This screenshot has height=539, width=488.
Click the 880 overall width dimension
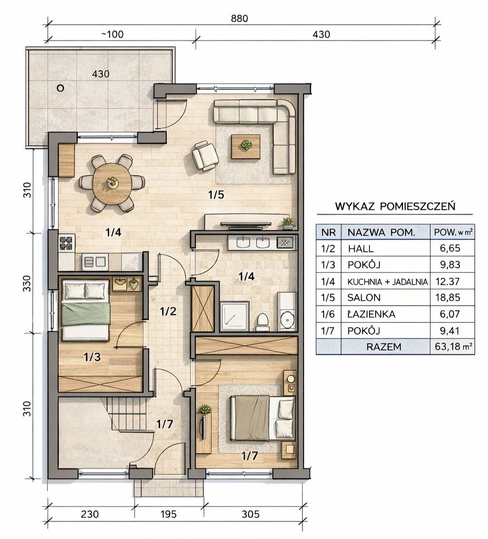[x=239, y=18]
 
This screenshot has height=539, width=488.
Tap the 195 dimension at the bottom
[x=168, y=514]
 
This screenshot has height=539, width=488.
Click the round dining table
[x=112, y=183]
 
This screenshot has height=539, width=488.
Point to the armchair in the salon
[x=205, y=156]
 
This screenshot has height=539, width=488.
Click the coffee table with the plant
[x=245, y=146]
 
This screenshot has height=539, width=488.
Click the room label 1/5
[x=216, y=195]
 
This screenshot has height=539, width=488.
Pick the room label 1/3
[x=92, y=357]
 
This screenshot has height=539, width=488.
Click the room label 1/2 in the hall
[x=168, y=311]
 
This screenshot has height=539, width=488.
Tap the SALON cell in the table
[x=364, y=298]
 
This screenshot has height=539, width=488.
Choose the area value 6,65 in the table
[x=450, y=248]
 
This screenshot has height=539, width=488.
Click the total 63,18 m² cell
[x=453, y=346]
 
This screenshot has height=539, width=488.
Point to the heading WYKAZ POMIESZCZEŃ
[x=395, y=206]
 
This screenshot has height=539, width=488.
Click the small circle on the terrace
[x=60, y=88]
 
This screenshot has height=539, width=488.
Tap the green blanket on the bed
[x=86, y=314]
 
